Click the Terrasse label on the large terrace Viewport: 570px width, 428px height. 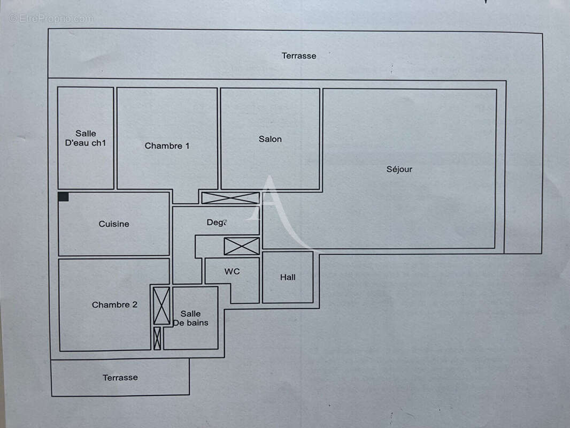pyautogui.click(x=299, y=56)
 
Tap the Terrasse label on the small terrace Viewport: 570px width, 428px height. pyautogui.click(x=120, y=377)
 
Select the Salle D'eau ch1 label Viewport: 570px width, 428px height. pyautogui.click(x=86, y=138)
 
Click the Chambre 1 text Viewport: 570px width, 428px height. pyautogui.click(x=167, y=146)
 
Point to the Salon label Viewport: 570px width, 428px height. pyautogui.click(x=270, y=139)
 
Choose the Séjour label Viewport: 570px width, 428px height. pyautogui.click(x=399, y=169)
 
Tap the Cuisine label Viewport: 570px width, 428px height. pyautogui.click(x=114, y=224)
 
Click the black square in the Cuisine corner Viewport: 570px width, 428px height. pyautogui.click(x=64, y=197)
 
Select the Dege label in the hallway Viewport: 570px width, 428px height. pyautogui.click(x=217, y=222)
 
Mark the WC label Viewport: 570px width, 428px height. pyautogui.click(x=232, y=271)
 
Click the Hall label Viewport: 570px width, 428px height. pyautogui.click(x=288, y=277)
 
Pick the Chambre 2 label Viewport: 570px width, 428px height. pyautogui.click(x=114, y=304)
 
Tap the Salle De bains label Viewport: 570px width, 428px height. pyautogui.click(x=190, y=318)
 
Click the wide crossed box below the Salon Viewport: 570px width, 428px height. pyautogui.click(x=230, y=198)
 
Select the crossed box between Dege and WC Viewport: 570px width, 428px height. pyautogui.click(x=242, y=246)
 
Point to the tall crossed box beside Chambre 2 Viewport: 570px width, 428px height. pyautogui.click(x=161, y=306)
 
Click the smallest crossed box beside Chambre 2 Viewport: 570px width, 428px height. pyautogui.click(x=157, y=338)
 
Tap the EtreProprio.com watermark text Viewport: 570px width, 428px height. pyautogui.click(x=51, y=18)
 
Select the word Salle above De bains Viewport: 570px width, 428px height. pyautogui.click(x=190, y=314)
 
